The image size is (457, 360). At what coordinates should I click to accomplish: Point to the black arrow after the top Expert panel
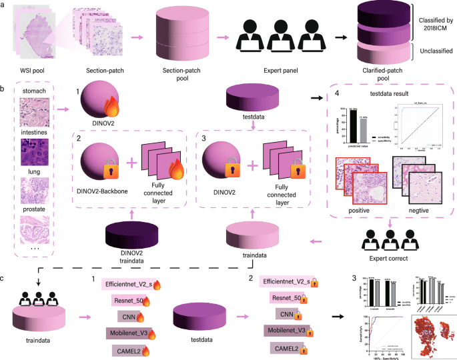click(x=338, y=36)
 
